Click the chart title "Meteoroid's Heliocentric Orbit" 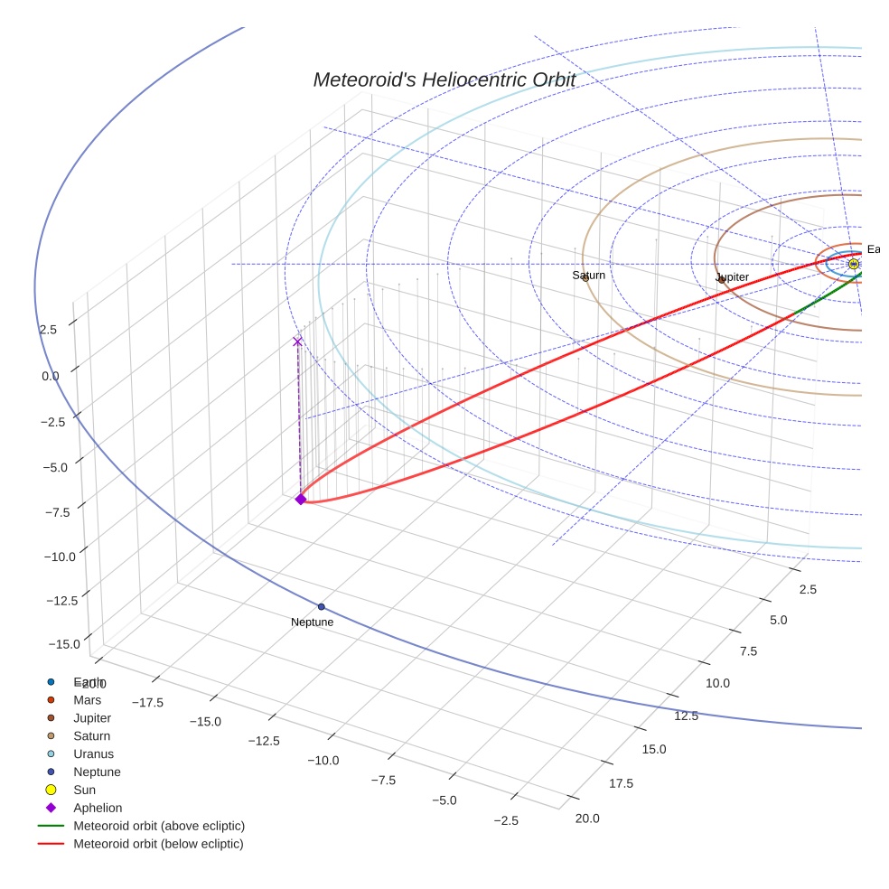point(444,80)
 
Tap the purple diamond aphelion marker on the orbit point(301,499)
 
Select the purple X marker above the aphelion point(297,342)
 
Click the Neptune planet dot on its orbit point(321,606)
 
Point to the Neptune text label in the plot point(312,622)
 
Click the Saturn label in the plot point(589,275)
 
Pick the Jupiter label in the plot point(733,276)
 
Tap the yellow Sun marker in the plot point(853,264)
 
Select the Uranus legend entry point(93,754)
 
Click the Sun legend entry point(84,790)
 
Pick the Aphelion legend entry point(98,808)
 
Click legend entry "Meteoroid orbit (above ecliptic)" point(159,826)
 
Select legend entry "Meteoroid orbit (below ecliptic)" point(158,844)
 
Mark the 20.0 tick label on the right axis point(586,819)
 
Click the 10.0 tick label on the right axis point(718,683)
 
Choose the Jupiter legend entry point(92,718)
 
